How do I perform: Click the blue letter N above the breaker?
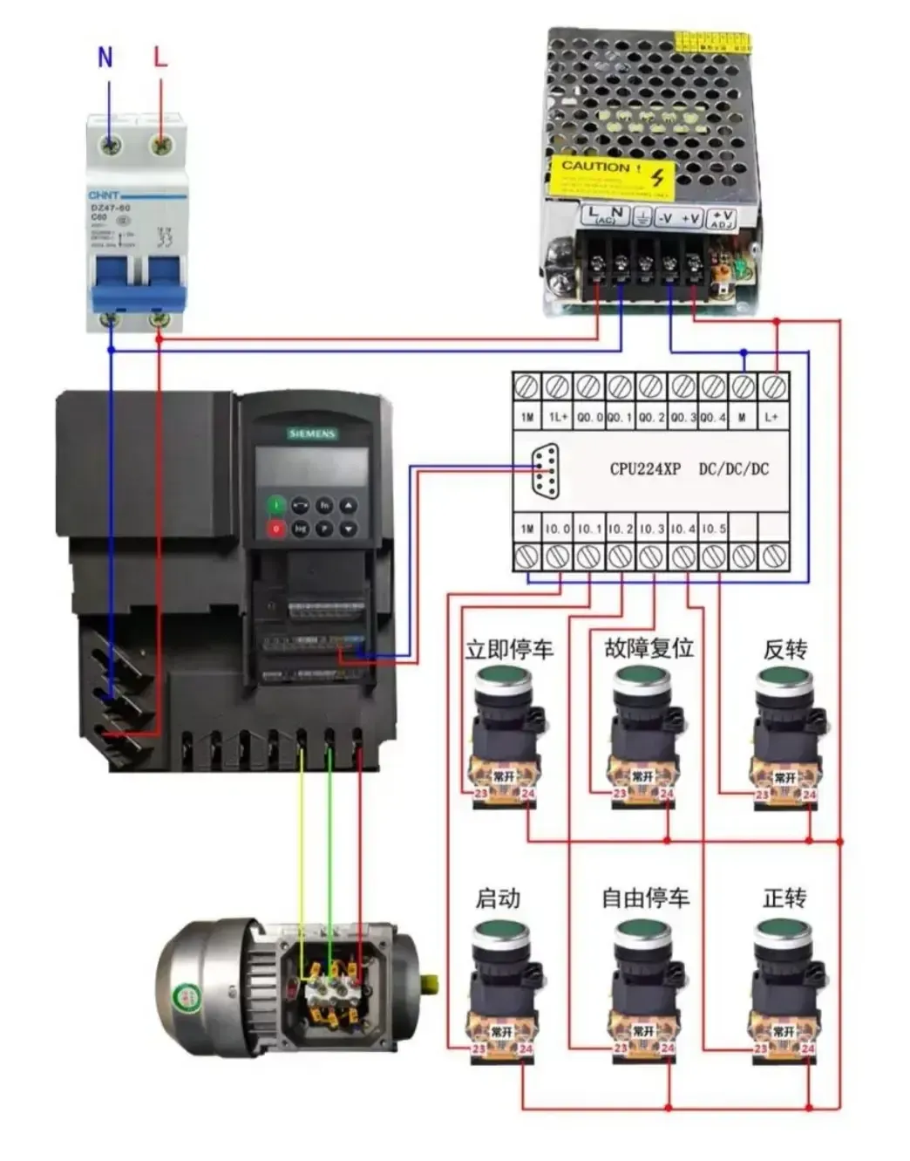[x=105, y=58]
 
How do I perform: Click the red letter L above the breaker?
[x=160, y=58]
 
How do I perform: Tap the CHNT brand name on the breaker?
[x=104, y=195]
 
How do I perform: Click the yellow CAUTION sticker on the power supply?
[x=611, y=175]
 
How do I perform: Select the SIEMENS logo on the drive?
[x=312, y=434]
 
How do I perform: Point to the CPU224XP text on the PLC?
[x=644, y=468]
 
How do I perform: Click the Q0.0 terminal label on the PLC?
[x=589, y=417]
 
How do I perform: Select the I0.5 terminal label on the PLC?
[x=713, y=529]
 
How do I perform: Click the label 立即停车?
[x=509, y=649]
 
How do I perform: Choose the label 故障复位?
[x=649, y=647]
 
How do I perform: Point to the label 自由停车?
[x=646, y=898]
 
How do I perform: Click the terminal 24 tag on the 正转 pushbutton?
[x=807, y=1048]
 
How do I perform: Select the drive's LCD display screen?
[x=311, y=467]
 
